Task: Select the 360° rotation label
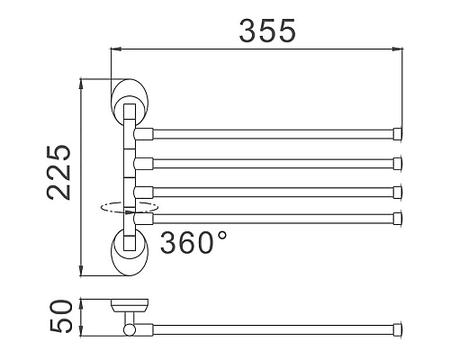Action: pos(193,240)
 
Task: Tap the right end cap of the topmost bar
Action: pos(397,136)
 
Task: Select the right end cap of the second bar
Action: pos(397,163)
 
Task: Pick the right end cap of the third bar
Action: pos(397,190)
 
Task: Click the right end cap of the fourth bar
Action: pos(397,216)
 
